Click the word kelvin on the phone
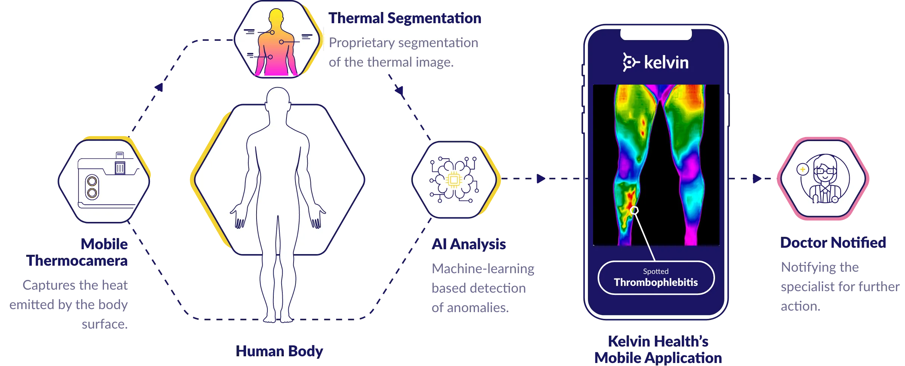point(666,62)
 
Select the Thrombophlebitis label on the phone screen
point(656,282)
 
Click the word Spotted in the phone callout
point(656,271)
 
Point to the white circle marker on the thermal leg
point(634,210)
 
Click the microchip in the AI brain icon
point(454,180)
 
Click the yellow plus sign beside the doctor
point(802,170)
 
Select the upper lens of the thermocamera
point(92,182)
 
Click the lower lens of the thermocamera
point(92,193)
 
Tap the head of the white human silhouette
point(278,98)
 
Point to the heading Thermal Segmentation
point(405,18)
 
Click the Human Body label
point(280,351)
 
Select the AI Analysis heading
point(469,244)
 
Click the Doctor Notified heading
point(834,243)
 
